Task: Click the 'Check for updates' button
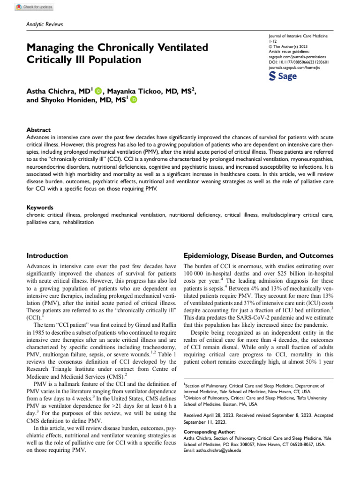pos(35,7)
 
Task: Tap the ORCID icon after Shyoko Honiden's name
pos(134,100)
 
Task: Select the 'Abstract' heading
pos(38,130)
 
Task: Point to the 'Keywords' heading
pos(40,207)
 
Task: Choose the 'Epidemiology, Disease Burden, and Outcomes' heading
pos(258,256)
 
